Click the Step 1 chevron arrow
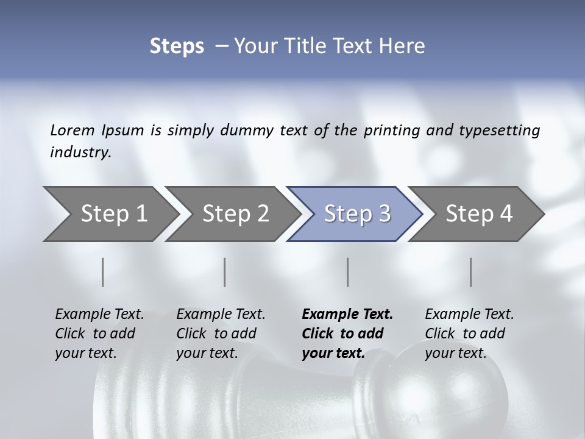pos(110,214)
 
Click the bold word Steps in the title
pos(177,46)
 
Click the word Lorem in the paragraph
pos(72,130)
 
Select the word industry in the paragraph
pos(80,152)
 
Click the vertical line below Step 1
pos(103,272)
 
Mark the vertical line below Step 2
pos(225,272)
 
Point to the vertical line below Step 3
pos(347,272)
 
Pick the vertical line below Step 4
pos(470,272)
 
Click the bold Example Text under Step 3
pos(347,314)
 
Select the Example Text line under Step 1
pos(99,314)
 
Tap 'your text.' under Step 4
pos(455,352)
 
